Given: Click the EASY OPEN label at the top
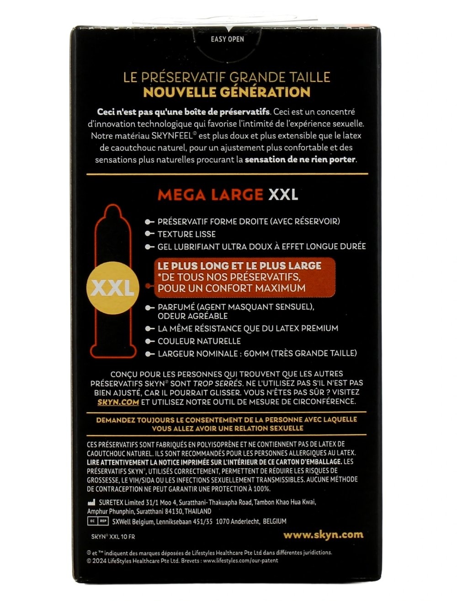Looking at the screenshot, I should (x=227, y=39).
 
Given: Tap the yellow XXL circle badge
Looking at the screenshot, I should (x=112, y=288).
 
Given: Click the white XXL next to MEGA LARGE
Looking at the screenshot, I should (x=283, y=194).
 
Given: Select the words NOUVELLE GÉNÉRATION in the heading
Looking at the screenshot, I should (x=227, y=92).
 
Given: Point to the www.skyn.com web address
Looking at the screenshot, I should (x=323, y=535).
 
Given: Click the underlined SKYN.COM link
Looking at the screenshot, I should (x=118, y=402).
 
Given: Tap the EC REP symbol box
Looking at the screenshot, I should (x=97, y=521).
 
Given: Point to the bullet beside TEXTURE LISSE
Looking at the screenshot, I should (x=149, y=234).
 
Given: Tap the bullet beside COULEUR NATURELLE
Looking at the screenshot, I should (x=149, y=341).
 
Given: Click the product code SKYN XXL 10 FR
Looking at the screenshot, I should (x=113, y=537).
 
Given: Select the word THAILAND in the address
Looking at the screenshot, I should (x=196, y=511).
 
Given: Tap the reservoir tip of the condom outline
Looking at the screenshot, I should (x=112, y=211).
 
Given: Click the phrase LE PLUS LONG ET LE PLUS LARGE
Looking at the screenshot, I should (x=239, y=266).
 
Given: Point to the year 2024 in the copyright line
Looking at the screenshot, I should (x=99, y=560).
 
